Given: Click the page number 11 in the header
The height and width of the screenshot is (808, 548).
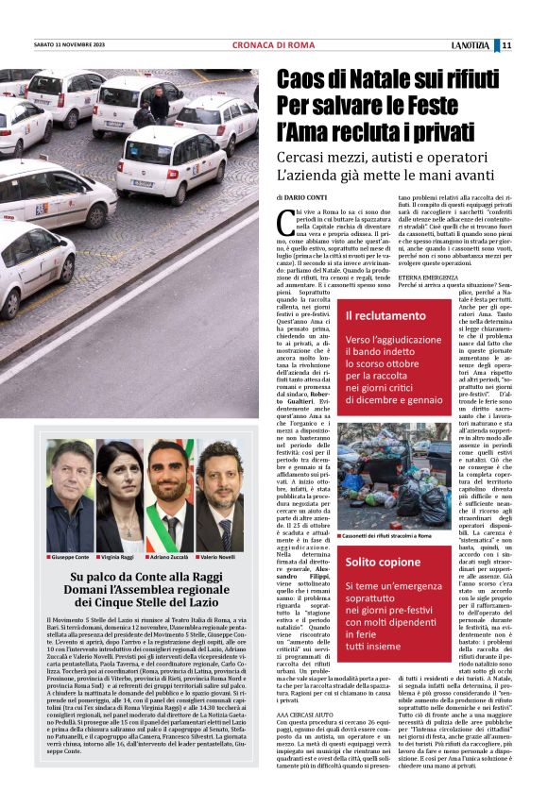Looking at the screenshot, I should tap(506, 44).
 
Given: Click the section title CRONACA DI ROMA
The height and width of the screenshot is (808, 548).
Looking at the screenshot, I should tap(273, 44).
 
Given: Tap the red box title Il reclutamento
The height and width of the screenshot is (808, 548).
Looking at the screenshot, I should tap(385, 315).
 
